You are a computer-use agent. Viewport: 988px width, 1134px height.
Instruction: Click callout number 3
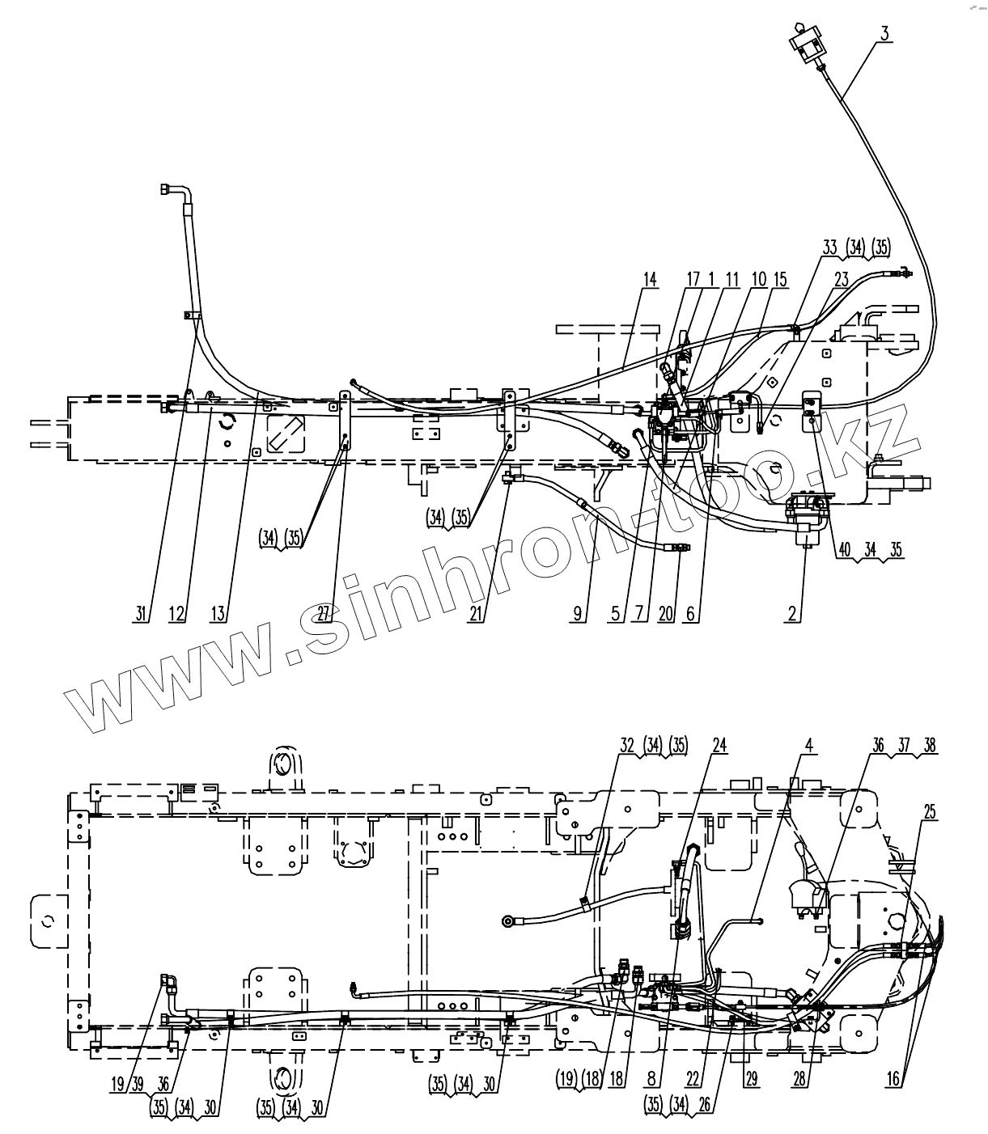coord(884,33)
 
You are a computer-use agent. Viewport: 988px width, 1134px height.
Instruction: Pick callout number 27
coord(324,614)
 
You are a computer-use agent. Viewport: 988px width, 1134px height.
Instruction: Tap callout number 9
coord(578,614)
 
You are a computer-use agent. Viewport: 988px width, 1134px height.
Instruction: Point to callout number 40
coord(844,548)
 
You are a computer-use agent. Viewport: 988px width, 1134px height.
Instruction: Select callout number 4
coord(810,746)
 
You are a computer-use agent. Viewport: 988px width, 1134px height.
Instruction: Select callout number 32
coord(626,746)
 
